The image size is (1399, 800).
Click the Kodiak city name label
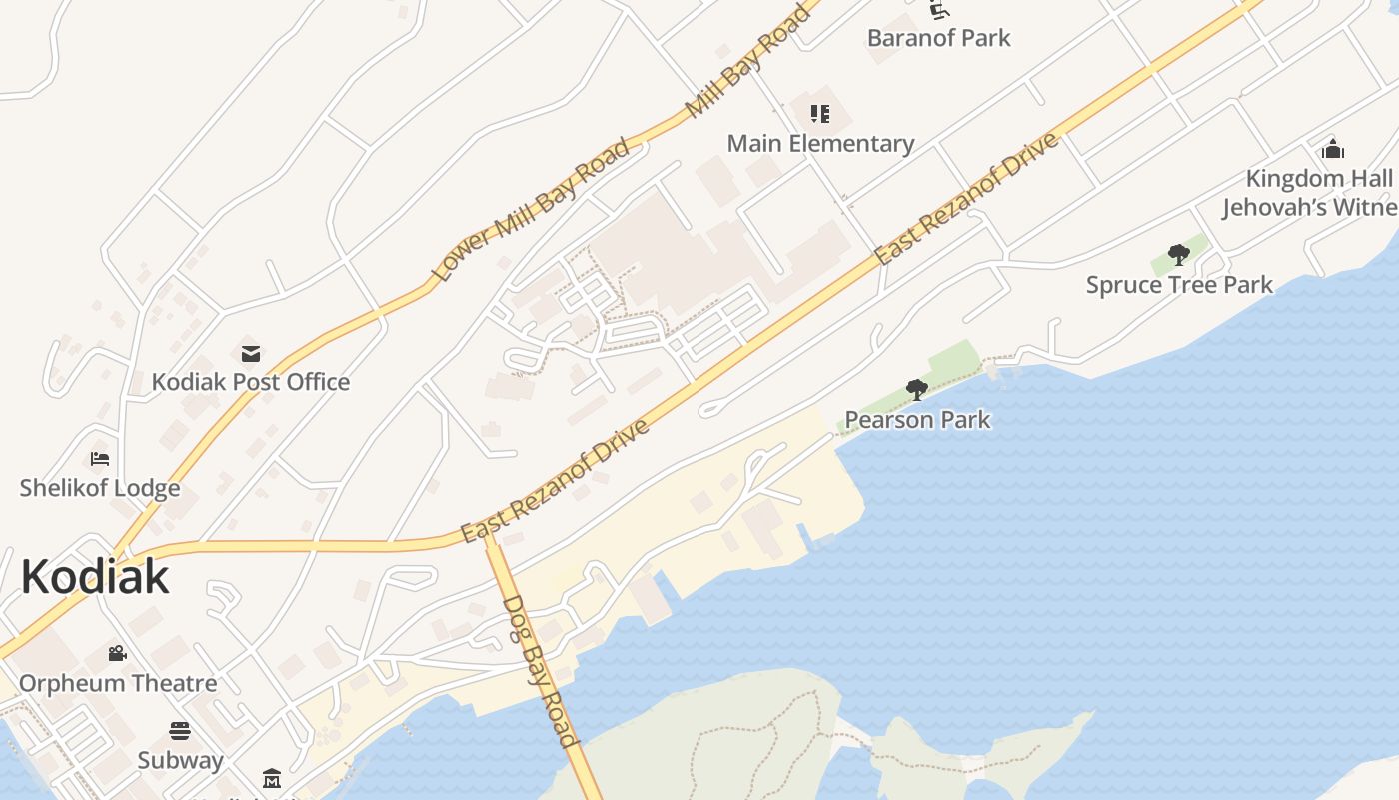tap(95, 577)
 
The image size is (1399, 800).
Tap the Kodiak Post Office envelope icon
tap(250, 353)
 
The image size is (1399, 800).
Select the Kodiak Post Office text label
tap(250, 382)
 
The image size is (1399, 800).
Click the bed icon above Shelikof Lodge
tap(100, 459)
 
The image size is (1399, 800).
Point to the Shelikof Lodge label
tap(100, 488)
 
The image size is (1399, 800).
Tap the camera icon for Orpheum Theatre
tap(117, 654)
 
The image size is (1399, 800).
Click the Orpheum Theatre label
tap(118, 683)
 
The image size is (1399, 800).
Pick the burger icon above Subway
tap(180, 731)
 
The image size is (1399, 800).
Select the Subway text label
tap(180, 760)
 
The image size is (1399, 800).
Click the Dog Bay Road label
tap(540, 671)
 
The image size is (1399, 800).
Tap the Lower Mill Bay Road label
tap(531, 208)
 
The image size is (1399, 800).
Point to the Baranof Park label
tap(938, 38)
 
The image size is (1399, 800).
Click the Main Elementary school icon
tap(819, 114)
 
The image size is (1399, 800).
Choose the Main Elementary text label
tap(819, 143)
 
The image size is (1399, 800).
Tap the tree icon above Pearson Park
tap(916, 390)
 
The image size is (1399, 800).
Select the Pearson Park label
tap(917, 419)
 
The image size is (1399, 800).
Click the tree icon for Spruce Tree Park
tap(1179, 255)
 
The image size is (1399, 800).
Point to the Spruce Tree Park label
tap(1179, 285)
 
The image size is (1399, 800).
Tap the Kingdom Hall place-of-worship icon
tap(1333, 150)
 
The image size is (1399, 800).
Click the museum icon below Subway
tap(272, 778)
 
